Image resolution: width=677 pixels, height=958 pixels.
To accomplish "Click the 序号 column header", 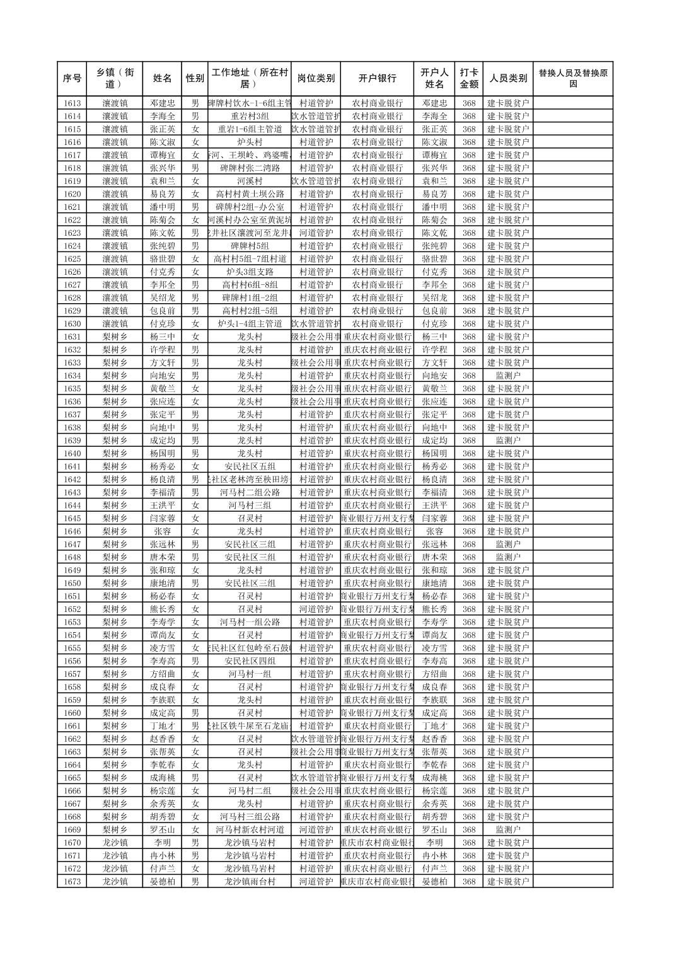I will [72, 79].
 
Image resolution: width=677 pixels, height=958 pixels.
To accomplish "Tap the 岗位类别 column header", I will [316, 79].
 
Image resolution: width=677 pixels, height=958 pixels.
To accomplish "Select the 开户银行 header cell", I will [377, 79].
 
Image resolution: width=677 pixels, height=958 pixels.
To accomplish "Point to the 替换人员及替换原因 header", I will [572, 79].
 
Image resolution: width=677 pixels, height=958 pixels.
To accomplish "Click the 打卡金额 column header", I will [469, 79].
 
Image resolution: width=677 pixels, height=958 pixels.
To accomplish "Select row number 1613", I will [72, 103].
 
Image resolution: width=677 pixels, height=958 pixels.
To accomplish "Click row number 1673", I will [72, 882].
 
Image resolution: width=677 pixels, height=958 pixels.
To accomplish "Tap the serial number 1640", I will [72, 454].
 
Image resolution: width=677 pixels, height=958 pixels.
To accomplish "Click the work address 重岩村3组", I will [250, 116].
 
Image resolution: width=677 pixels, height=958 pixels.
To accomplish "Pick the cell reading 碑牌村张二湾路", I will [250, 168].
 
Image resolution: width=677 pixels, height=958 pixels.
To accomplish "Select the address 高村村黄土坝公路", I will [250, 194].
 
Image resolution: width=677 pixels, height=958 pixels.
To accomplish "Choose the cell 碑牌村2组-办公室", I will [250, 207].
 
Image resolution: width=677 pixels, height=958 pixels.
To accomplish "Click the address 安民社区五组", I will [250, 466].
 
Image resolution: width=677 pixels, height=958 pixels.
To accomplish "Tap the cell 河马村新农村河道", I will [250, 829].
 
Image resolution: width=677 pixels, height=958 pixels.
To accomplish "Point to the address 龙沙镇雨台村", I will [250, 882].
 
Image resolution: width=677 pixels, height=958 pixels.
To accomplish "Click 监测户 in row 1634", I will [508, 376].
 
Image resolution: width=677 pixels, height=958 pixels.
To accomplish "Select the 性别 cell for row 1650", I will [195, 583].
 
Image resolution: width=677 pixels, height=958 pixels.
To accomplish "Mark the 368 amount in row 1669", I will [469, 829].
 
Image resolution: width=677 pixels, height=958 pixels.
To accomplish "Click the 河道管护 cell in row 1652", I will [316, 609].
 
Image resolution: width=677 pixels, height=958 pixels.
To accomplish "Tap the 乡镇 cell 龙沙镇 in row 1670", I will [115, 843].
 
